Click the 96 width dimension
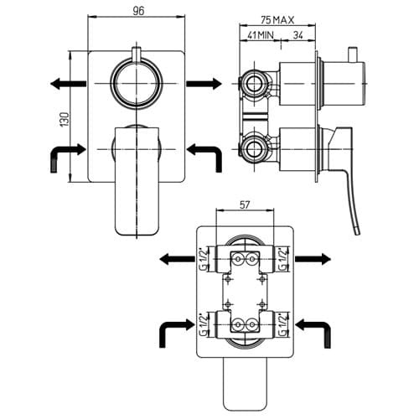[138, 11]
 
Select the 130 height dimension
[65, 120]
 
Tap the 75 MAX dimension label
[277, 20]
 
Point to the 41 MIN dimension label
[261, 35]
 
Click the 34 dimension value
[297, 35]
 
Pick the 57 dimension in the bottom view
[245, 204]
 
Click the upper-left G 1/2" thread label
[204, 259]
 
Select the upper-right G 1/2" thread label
[283, 259]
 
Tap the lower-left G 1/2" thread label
[204, 324]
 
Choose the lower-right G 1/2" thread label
[283, 324]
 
